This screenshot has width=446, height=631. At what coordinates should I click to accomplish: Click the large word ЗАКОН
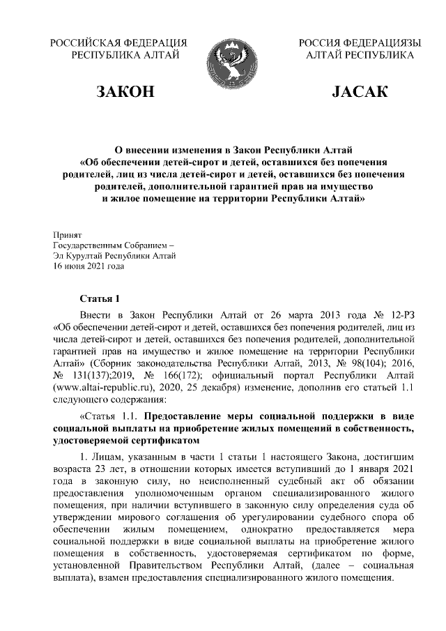tap(125, 93)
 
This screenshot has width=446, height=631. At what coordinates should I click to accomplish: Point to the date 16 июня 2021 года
tap(89, 266)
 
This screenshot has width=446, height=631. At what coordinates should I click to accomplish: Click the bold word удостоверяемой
tap(94, 441)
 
